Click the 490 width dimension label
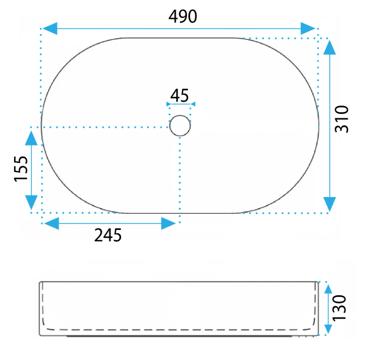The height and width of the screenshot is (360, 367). tap(183, 16)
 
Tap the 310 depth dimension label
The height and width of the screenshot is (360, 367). tap(342, 119)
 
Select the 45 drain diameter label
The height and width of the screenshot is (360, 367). tap(179, 96)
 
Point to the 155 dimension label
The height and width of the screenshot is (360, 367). tap(21, 168)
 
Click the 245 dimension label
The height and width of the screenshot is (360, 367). tap(108, 235)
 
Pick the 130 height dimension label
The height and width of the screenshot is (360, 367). tap(339, 308)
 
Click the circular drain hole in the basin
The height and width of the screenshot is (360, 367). tap(180, 125)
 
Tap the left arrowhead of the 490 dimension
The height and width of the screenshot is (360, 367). tap(50, 29)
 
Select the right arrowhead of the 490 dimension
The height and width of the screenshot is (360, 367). tap(308, 29)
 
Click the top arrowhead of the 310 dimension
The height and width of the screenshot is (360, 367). tap(329, 47)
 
